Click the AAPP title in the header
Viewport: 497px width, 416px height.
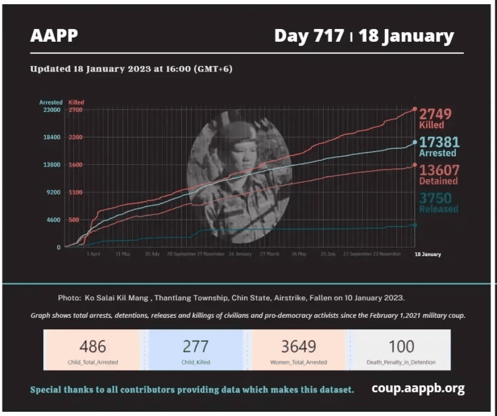tap(54, 36)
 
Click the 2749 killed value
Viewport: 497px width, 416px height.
tap(435, 114)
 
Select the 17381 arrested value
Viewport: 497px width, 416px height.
tap(439, 142)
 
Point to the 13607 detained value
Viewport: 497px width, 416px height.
tap(439, 170)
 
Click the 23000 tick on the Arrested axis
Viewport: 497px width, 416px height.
tap(51, 110)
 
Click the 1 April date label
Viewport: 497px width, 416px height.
tap(93, 254)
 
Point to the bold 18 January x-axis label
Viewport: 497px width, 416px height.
tap(427, 254)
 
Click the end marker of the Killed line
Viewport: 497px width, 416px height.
tap(415, 109)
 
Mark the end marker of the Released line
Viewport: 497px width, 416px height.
tap(415, 225)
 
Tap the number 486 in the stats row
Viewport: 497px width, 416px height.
tap(93, 346)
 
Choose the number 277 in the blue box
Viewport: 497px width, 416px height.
tap(196, 346)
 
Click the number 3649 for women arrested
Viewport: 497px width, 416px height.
tap(298, 346)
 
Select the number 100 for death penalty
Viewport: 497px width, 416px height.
tap(401, 346)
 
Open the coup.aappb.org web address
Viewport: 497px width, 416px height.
tap(418, 389)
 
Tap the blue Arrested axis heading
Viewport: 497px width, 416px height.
tap(51, 102)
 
